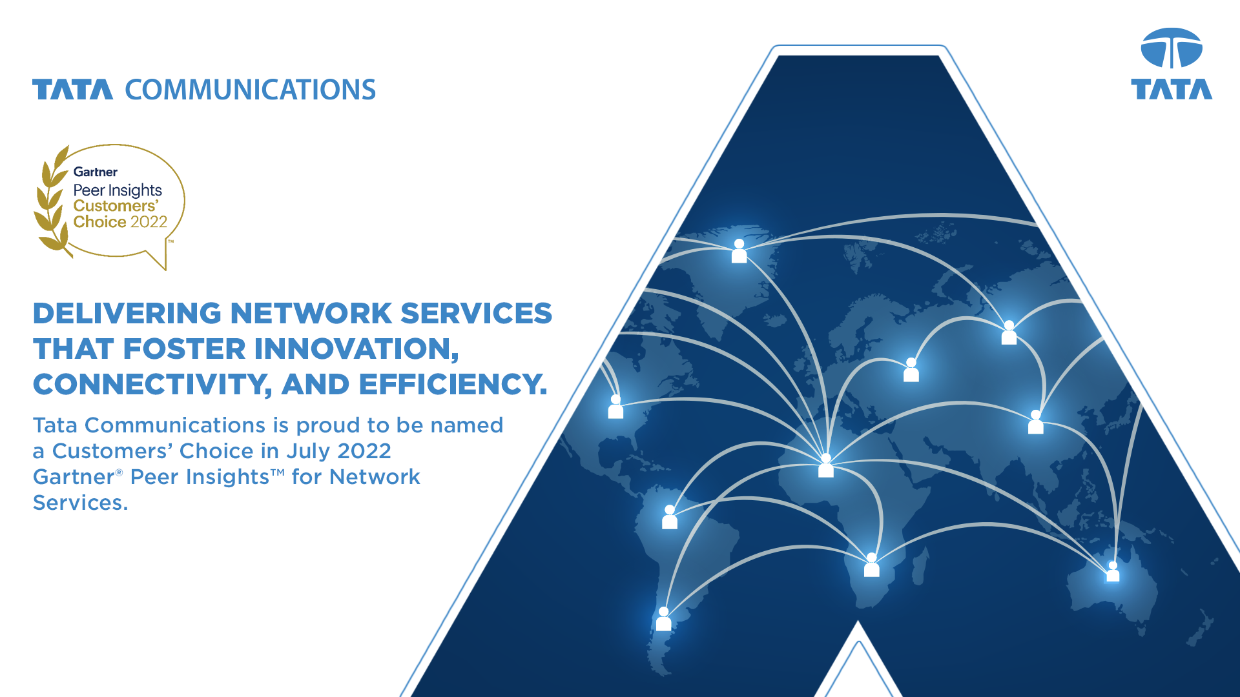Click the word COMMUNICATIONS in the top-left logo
click(250, 90)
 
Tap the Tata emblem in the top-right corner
click(1172, 48)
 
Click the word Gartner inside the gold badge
click(96, 172)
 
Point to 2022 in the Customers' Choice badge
click(149, 222)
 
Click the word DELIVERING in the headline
click(127, 314)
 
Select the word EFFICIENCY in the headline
click(453, 385)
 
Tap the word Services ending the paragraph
click(81, 503)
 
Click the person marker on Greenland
click(739, 251)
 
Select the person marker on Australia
click(1113, 571)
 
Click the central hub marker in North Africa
click(825, 465)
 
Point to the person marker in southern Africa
click(871, 565)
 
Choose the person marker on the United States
click(615, 407)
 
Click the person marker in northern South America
click(670, 517)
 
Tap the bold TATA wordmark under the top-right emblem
click(1172, 89)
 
